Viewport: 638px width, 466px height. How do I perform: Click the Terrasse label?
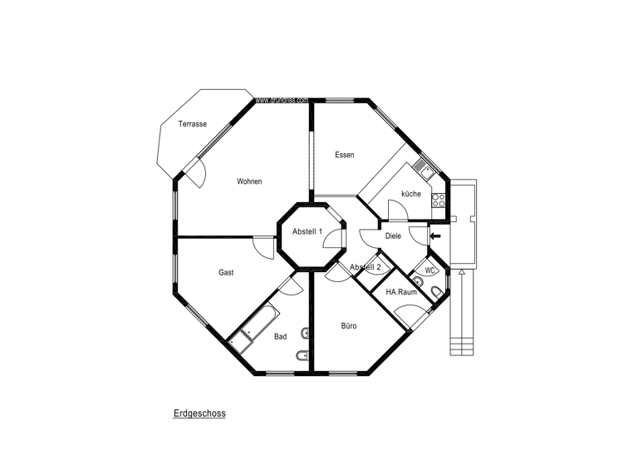(192, 124)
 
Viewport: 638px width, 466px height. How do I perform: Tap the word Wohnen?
(249, 181)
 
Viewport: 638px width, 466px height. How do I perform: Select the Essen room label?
(345, 155)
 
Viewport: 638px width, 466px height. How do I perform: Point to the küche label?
(410, 194)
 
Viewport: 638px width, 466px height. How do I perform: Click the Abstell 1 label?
(307, 232)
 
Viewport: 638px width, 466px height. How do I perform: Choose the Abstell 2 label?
(366, 267)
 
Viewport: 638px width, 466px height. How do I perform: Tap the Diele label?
(393, 235)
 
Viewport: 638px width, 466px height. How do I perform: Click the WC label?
(429, 270)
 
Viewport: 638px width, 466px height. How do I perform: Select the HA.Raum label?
(401, 292)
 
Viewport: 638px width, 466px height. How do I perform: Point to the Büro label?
(349, 326)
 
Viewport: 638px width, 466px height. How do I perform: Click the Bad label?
(281, 337)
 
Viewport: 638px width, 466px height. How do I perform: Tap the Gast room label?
(226, 272)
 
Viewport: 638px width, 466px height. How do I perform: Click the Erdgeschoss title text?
(199, 413)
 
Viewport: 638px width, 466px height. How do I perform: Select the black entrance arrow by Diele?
(434, 236)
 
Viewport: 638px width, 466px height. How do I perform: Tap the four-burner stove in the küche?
(439, 200)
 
